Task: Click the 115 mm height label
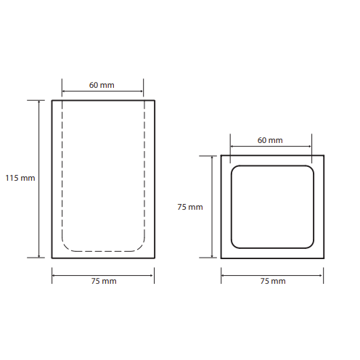20,178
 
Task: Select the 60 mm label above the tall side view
102,85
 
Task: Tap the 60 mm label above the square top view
270,140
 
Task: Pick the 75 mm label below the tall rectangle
104,281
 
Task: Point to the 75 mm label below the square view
273,281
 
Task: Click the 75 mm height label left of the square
190,207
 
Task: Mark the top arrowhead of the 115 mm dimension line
39,102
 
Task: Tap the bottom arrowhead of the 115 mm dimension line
39,256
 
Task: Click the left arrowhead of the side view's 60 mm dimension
63,91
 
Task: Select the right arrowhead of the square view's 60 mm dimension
310,147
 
